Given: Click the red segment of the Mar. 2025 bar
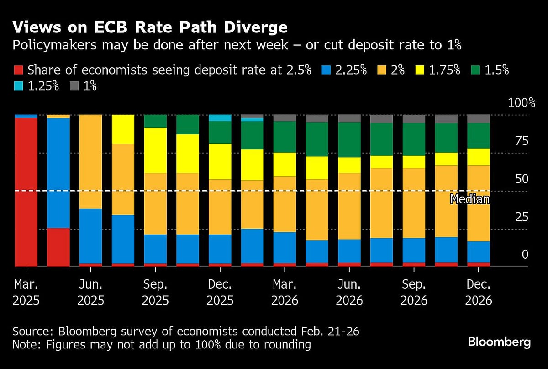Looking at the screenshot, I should click(x=26, y=192).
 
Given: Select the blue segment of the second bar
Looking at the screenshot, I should click(x=58, y=173).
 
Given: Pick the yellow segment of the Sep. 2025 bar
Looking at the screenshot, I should click(x=155, y=150).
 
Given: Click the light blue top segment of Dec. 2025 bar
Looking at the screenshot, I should click(x=220, y=118).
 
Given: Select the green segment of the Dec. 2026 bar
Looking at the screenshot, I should click(x=479, y=136).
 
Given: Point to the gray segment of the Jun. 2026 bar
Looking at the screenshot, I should click(x=349, y=118).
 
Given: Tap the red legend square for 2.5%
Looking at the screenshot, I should click(x=18, y=70).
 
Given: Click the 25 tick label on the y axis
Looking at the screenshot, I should click(x=521, y=216).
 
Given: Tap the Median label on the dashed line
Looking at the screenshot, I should click(x=469, y=199).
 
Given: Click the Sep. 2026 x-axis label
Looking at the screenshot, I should click(x=414, y=293).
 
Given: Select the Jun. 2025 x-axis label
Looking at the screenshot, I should click(x=91, y=293).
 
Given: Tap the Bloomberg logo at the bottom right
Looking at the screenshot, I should click(x=499, y=342).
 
